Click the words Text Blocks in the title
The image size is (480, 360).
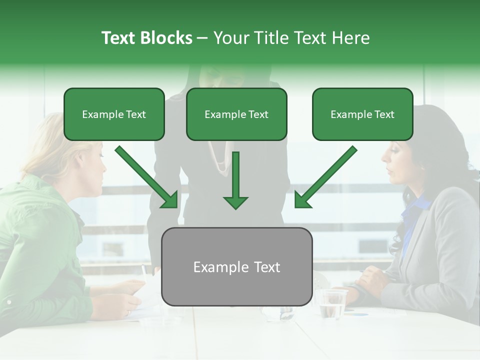click(146, 38)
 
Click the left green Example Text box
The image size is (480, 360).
click(114, 114)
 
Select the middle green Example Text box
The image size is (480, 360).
click(236, 114)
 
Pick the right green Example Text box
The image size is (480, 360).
click(362, 114)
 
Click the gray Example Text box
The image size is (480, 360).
click(236, 266)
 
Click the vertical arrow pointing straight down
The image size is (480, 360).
click(235, 180)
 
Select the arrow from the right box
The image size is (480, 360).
click(325, 177)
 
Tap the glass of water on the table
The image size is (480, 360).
click(331, 303)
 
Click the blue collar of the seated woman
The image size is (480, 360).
click(417, 210)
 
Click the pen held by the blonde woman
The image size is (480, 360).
click(144, 272)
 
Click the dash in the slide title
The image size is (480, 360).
click(202, 38)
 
